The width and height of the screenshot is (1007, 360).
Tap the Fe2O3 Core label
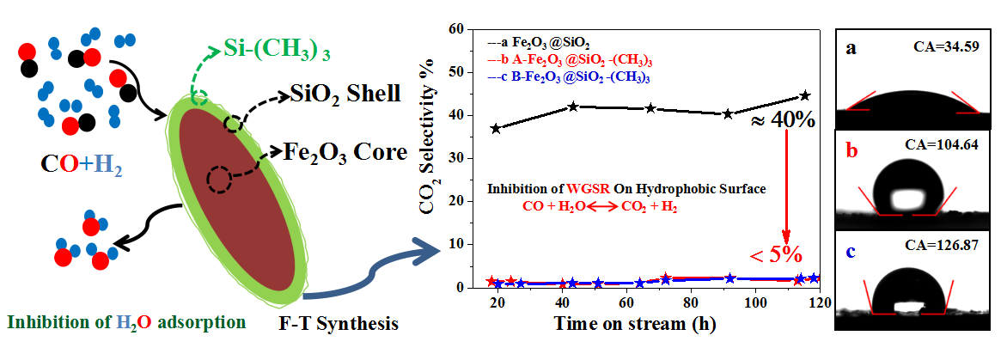345,153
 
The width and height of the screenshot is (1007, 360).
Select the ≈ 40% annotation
783,119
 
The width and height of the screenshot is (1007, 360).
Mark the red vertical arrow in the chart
786,185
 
